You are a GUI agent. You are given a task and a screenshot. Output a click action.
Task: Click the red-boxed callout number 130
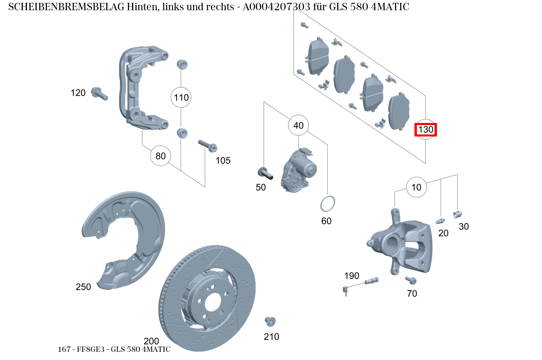(x=426, y=130)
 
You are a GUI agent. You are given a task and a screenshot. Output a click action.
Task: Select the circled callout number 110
(x=181, y=97)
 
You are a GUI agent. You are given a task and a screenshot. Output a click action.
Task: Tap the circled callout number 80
(x=161, y=156)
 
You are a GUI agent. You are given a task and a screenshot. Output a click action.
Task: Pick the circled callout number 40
(x=298, y=125)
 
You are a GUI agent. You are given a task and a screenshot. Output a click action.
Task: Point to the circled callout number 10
(x=416, y=187)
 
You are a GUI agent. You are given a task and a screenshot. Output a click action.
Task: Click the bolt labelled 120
(x=99, y=93)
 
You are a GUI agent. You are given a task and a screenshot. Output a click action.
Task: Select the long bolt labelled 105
(x=207, y=145)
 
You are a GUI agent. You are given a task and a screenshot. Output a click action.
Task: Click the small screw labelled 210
(x=270, y=321)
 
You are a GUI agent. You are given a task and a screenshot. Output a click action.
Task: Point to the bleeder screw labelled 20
(x=440, y=221)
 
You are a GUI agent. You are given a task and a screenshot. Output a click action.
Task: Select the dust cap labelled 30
(x=457, y=214)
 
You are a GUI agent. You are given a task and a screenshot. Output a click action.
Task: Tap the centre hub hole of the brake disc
(x=213, y=302)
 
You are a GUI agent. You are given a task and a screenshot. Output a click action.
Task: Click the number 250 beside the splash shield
(x=83, y=287)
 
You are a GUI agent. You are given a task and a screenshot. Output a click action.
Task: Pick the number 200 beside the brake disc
(x=151, y=341)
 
